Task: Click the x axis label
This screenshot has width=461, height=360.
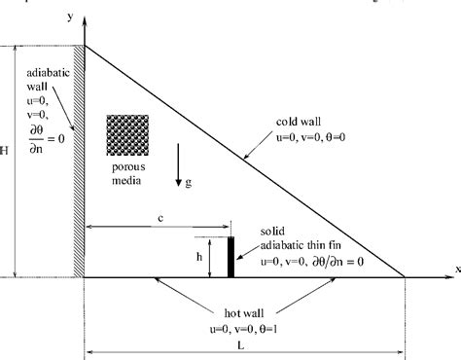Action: coord(456,267)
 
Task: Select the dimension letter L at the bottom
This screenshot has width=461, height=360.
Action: coord(245,341)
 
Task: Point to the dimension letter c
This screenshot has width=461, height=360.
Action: coord(158,219)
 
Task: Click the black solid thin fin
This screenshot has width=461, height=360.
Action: coord(230,257)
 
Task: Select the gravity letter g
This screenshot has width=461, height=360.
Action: coord(188,182)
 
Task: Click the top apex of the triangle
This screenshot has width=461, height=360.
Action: coord(87,44)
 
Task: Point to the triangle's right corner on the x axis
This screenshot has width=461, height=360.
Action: coord(406,277)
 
